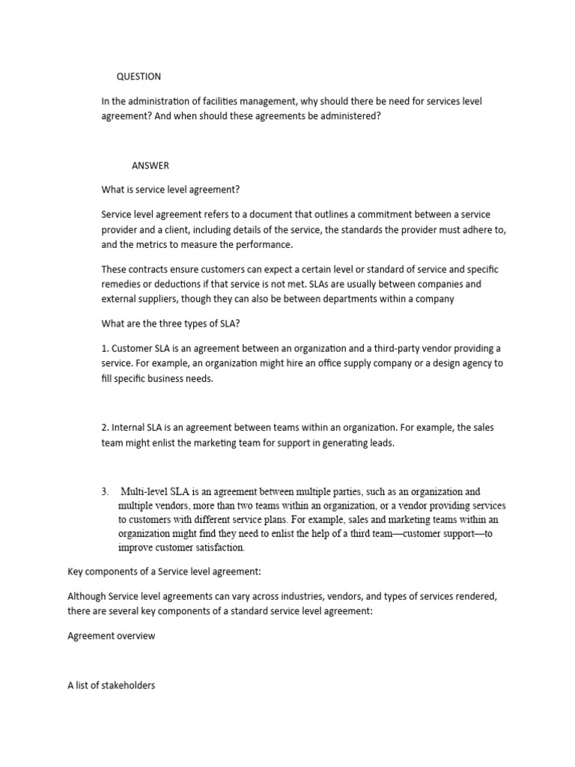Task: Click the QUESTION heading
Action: coord(139,76)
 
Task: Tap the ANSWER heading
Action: coord(150,166)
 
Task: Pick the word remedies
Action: coord(124,285)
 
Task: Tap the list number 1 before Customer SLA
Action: coord(104,349)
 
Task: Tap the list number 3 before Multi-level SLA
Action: coord(104,492)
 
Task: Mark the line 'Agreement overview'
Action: coord(111,635)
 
